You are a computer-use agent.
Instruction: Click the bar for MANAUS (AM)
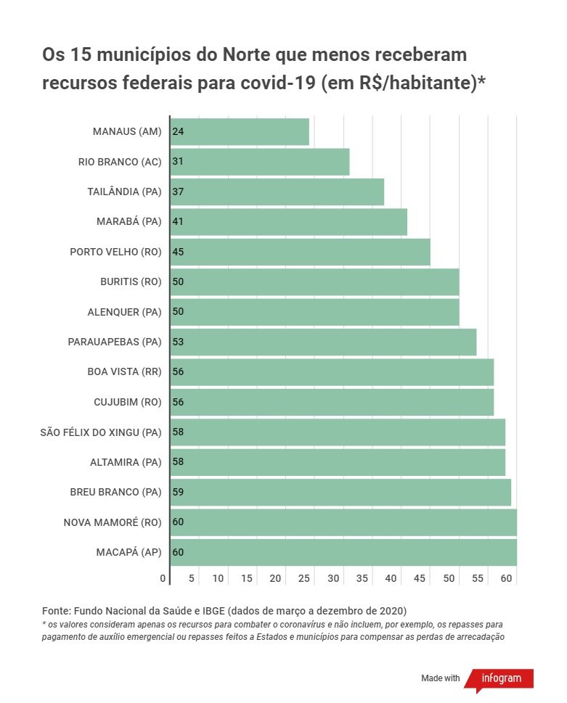240,131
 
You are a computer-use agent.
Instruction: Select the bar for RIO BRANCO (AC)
260,162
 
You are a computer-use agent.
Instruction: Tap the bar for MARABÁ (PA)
288,222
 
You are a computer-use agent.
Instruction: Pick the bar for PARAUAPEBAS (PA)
323,342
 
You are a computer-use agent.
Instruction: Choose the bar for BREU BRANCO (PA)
340,492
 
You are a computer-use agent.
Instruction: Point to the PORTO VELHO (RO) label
115,252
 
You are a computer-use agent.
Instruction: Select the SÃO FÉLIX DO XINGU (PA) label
101,432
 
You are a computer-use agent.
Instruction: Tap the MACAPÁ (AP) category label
129,552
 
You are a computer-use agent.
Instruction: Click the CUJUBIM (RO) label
127,402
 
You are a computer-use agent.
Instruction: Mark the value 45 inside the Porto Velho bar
178,252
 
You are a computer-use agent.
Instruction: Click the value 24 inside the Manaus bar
178,131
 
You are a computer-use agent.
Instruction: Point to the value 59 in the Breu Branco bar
178,492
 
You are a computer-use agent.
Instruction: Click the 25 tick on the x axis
305,578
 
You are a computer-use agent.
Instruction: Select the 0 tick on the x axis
163,578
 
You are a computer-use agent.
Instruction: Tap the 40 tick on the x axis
391,578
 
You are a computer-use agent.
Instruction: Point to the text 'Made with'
441,678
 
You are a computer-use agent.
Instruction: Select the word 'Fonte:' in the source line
57,609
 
